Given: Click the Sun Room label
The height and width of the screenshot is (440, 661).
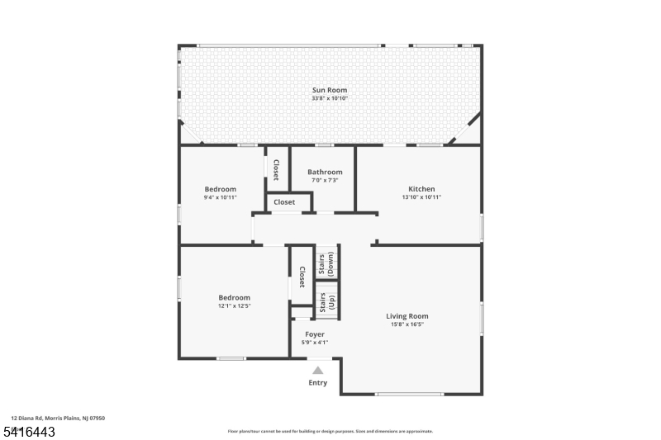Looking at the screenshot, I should pyautogui.click(x=329, y=90).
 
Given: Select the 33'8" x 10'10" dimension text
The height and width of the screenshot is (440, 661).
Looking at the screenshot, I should pyautogui.click(x=329, y=98).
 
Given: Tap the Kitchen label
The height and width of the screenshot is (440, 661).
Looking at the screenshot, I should pyautogui.click(x=421, y=189).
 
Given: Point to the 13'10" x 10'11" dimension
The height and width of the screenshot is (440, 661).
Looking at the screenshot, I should pyautogui.click(x=421, y=197).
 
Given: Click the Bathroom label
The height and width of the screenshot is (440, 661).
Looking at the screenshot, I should pyautogui.click(x=325, y=172).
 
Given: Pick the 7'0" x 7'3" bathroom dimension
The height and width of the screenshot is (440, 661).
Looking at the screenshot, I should pyautogui.click(x=325, y=180).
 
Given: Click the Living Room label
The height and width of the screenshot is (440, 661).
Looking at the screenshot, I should pyautogui.click(x=407, y=315).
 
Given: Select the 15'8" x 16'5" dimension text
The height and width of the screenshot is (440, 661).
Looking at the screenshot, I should pyautogui.click(x=407, y=324).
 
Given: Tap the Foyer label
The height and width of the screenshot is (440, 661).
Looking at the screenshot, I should pyautogui.click(x=315, y=334).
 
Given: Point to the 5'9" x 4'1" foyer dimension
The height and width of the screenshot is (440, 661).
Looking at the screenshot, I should pyautogui.click(x=315, y=342).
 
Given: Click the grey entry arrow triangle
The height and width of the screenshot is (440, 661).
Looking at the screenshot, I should pyautogui.click(x=318, y=371).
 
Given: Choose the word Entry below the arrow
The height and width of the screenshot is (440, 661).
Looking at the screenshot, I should pyautogui.click(x=318, y=383).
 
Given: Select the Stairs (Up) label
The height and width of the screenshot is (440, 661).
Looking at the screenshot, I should pyautogui.click(x=326, y=300).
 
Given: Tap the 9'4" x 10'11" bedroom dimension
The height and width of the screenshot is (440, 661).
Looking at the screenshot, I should pyautogui.click(x=221, y=197).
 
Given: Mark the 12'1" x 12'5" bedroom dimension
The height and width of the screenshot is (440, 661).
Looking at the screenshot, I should pyautogui.click(x=234, y=306).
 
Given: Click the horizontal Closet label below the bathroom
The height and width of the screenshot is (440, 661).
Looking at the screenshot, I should pyautogui.click(x=284, y=202).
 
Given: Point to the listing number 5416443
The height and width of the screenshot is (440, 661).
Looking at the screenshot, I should pyautogui.click(x=29, y=431).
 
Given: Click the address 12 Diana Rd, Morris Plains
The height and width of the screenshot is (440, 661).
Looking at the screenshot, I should pyautogui.click(x=58, y=419).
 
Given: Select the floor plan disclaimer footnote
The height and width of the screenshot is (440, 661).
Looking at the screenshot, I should pyautogui.click(x=330, y=431).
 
